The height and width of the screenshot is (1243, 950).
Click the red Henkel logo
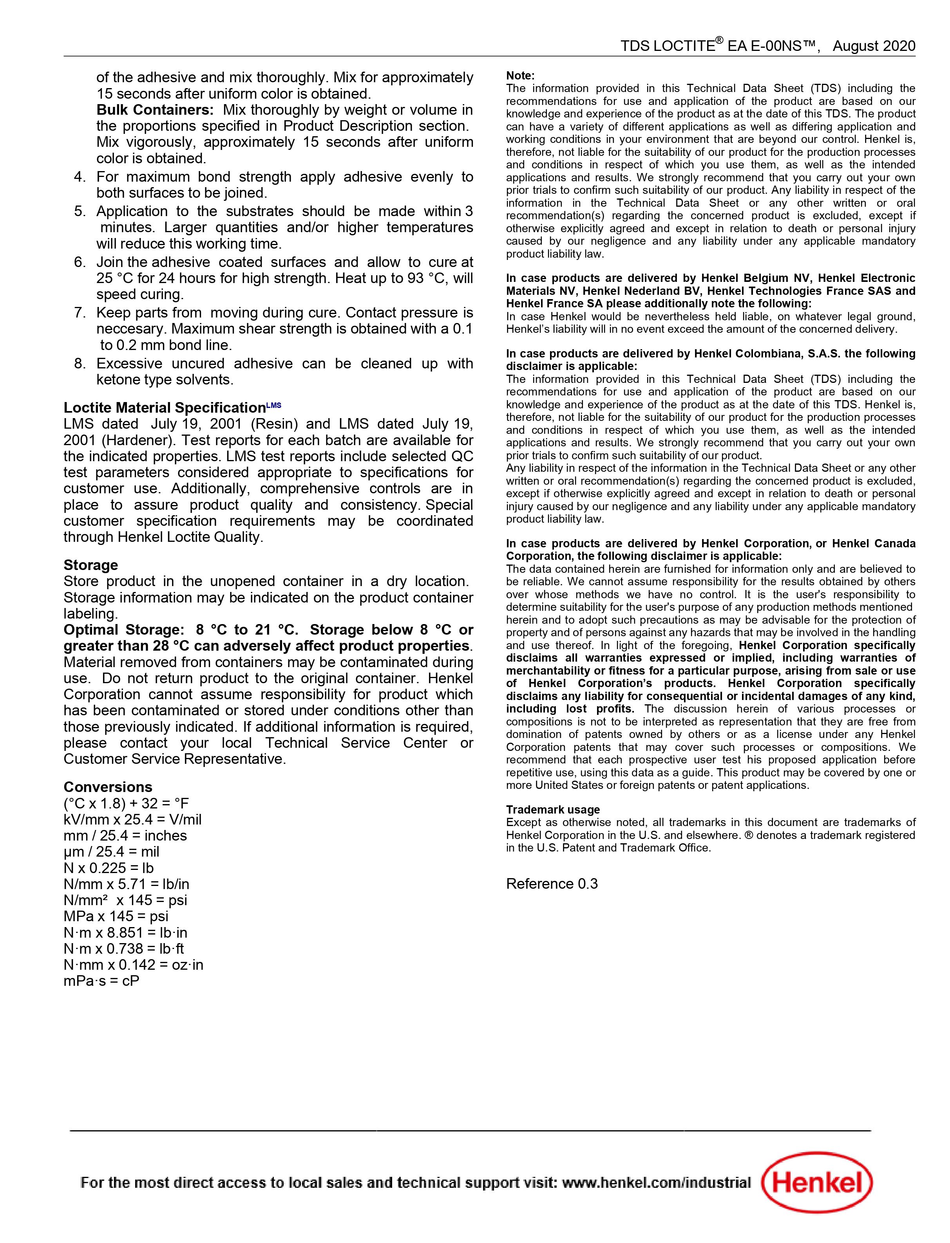tap(816, 1183)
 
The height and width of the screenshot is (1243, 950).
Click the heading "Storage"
tap(90, 565)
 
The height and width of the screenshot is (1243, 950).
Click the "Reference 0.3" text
tap(551, 884)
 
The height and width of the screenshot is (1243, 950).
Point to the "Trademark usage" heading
tap(552, 810)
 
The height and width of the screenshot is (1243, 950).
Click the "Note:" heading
tap(520, 76)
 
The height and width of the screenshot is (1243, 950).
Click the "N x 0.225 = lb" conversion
tap(109, 868)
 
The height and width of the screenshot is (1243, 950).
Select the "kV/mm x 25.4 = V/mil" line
tap(132, 819)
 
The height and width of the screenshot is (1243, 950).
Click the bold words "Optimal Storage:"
tap(124, 630)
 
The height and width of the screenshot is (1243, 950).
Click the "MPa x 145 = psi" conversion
tap(116, 916)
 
